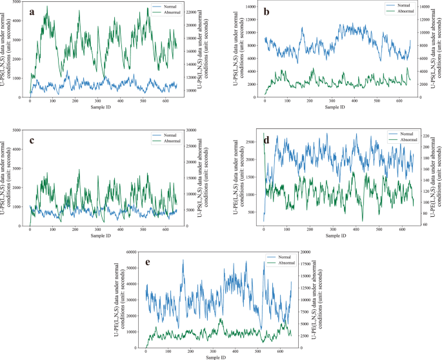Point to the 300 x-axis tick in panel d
click(x=332, y=229)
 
